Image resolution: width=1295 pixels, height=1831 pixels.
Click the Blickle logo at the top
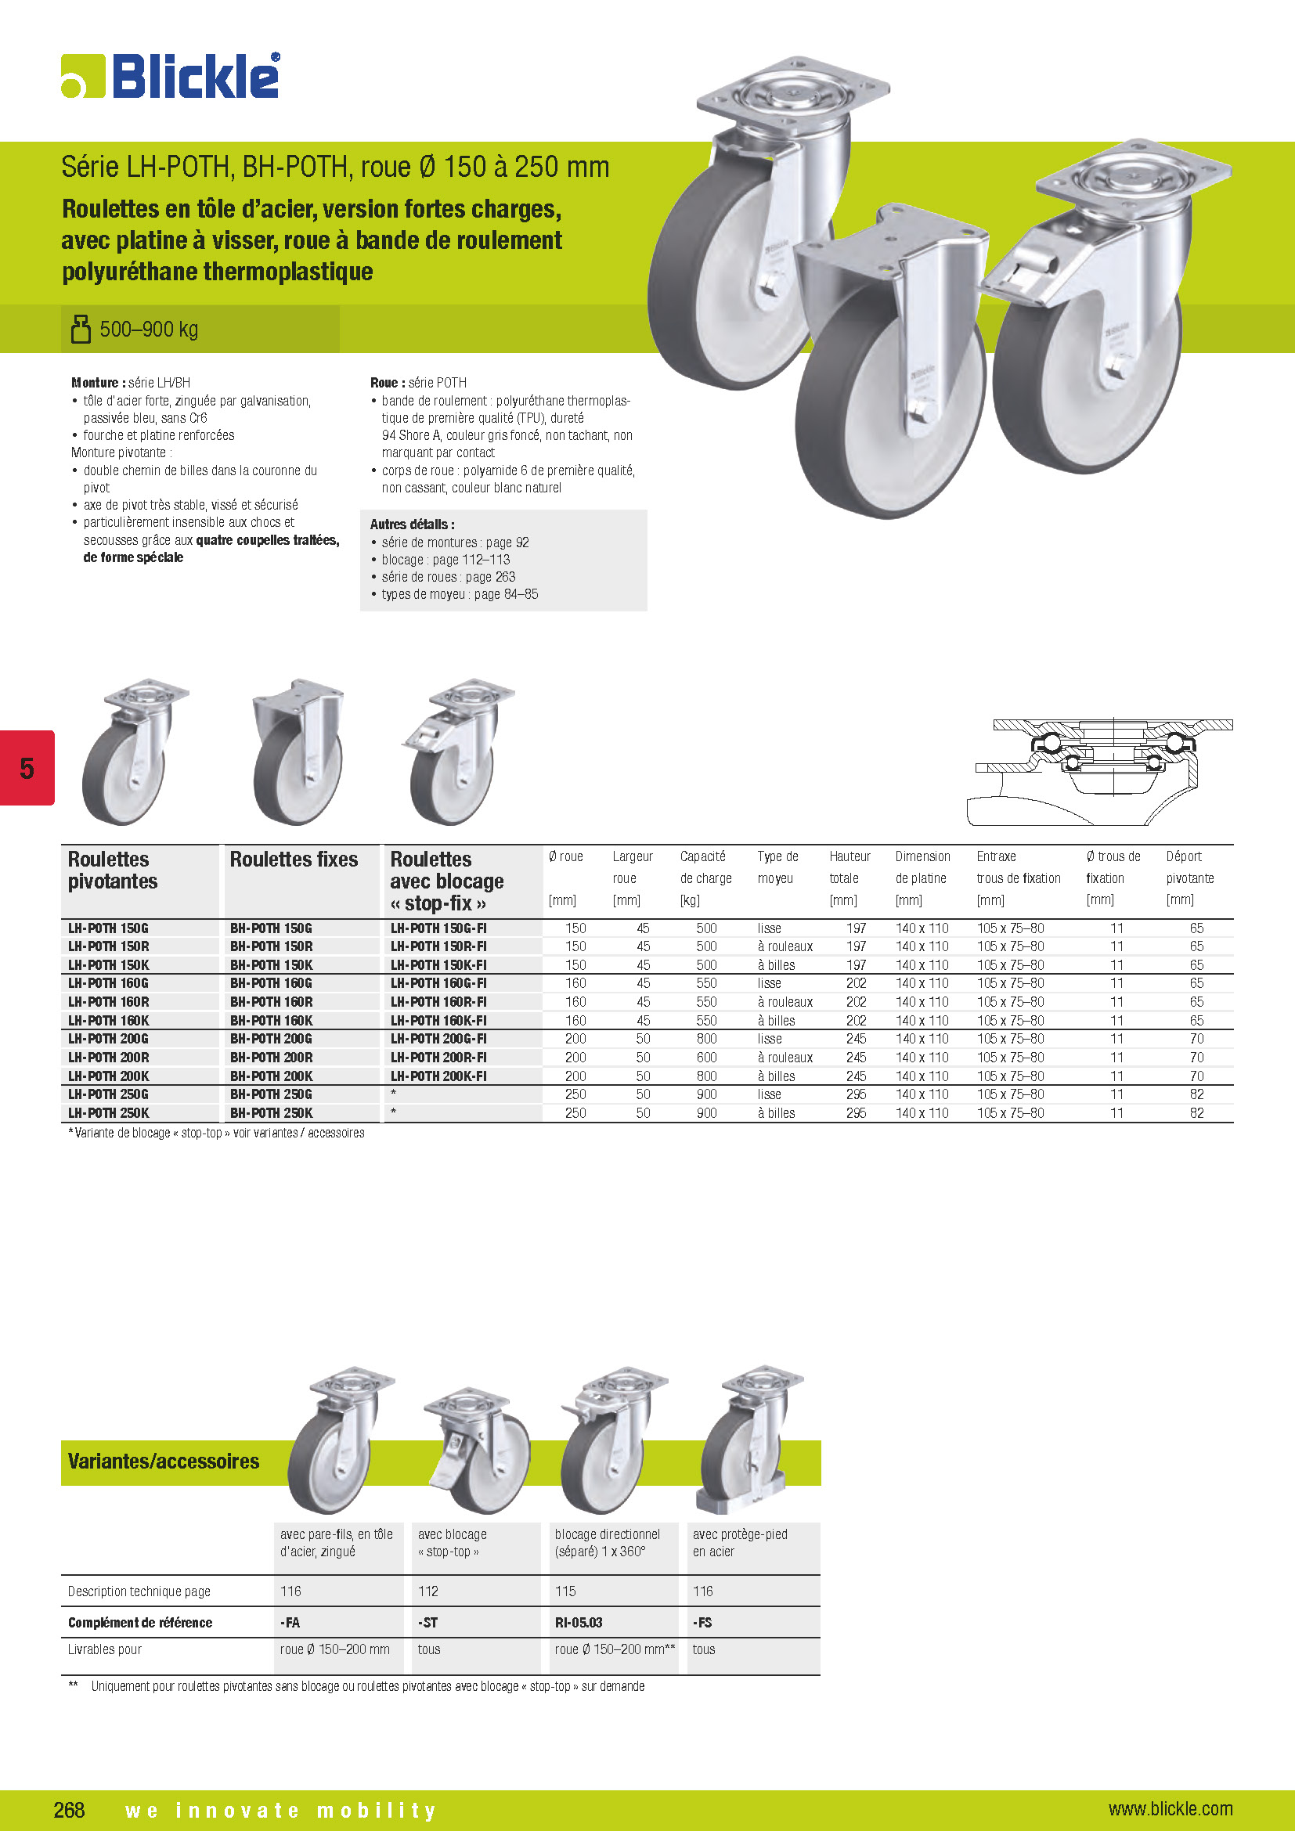point(171,77)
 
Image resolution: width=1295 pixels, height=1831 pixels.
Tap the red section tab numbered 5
point(27,768)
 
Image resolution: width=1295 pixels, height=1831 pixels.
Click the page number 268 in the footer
point(70,1809)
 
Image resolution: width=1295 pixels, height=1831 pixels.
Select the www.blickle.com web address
point(1170,1808)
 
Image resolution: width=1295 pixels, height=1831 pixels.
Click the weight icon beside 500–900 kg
point(81,329)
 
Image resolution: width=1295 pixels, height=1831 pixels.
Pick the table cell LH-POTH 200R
point(109,1058)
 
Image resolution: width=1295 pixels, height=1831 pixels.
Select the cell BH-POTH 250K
point(271,1112)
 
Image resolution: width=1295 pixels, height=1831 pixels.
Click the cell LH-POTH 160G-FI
point(438,983)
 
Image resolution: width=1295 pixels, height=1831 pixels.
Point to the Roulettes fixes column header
point(294,860)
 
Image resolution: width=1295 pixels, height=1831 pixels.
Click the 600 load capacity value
point(706,1058)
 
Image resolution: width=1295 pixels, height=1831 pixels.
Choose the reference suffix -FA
point(290,1622)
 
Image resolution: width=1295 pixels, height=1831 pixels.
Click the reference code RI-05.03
point(578,1622)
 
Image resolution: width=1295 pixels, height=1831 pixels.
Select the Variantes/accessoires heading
point(164,1461)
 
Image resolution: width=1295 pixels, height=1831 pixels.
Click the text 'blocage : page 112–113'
point(445,560)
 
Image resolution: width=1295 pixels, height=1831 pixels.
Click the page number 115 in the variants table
point(565,1591)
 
